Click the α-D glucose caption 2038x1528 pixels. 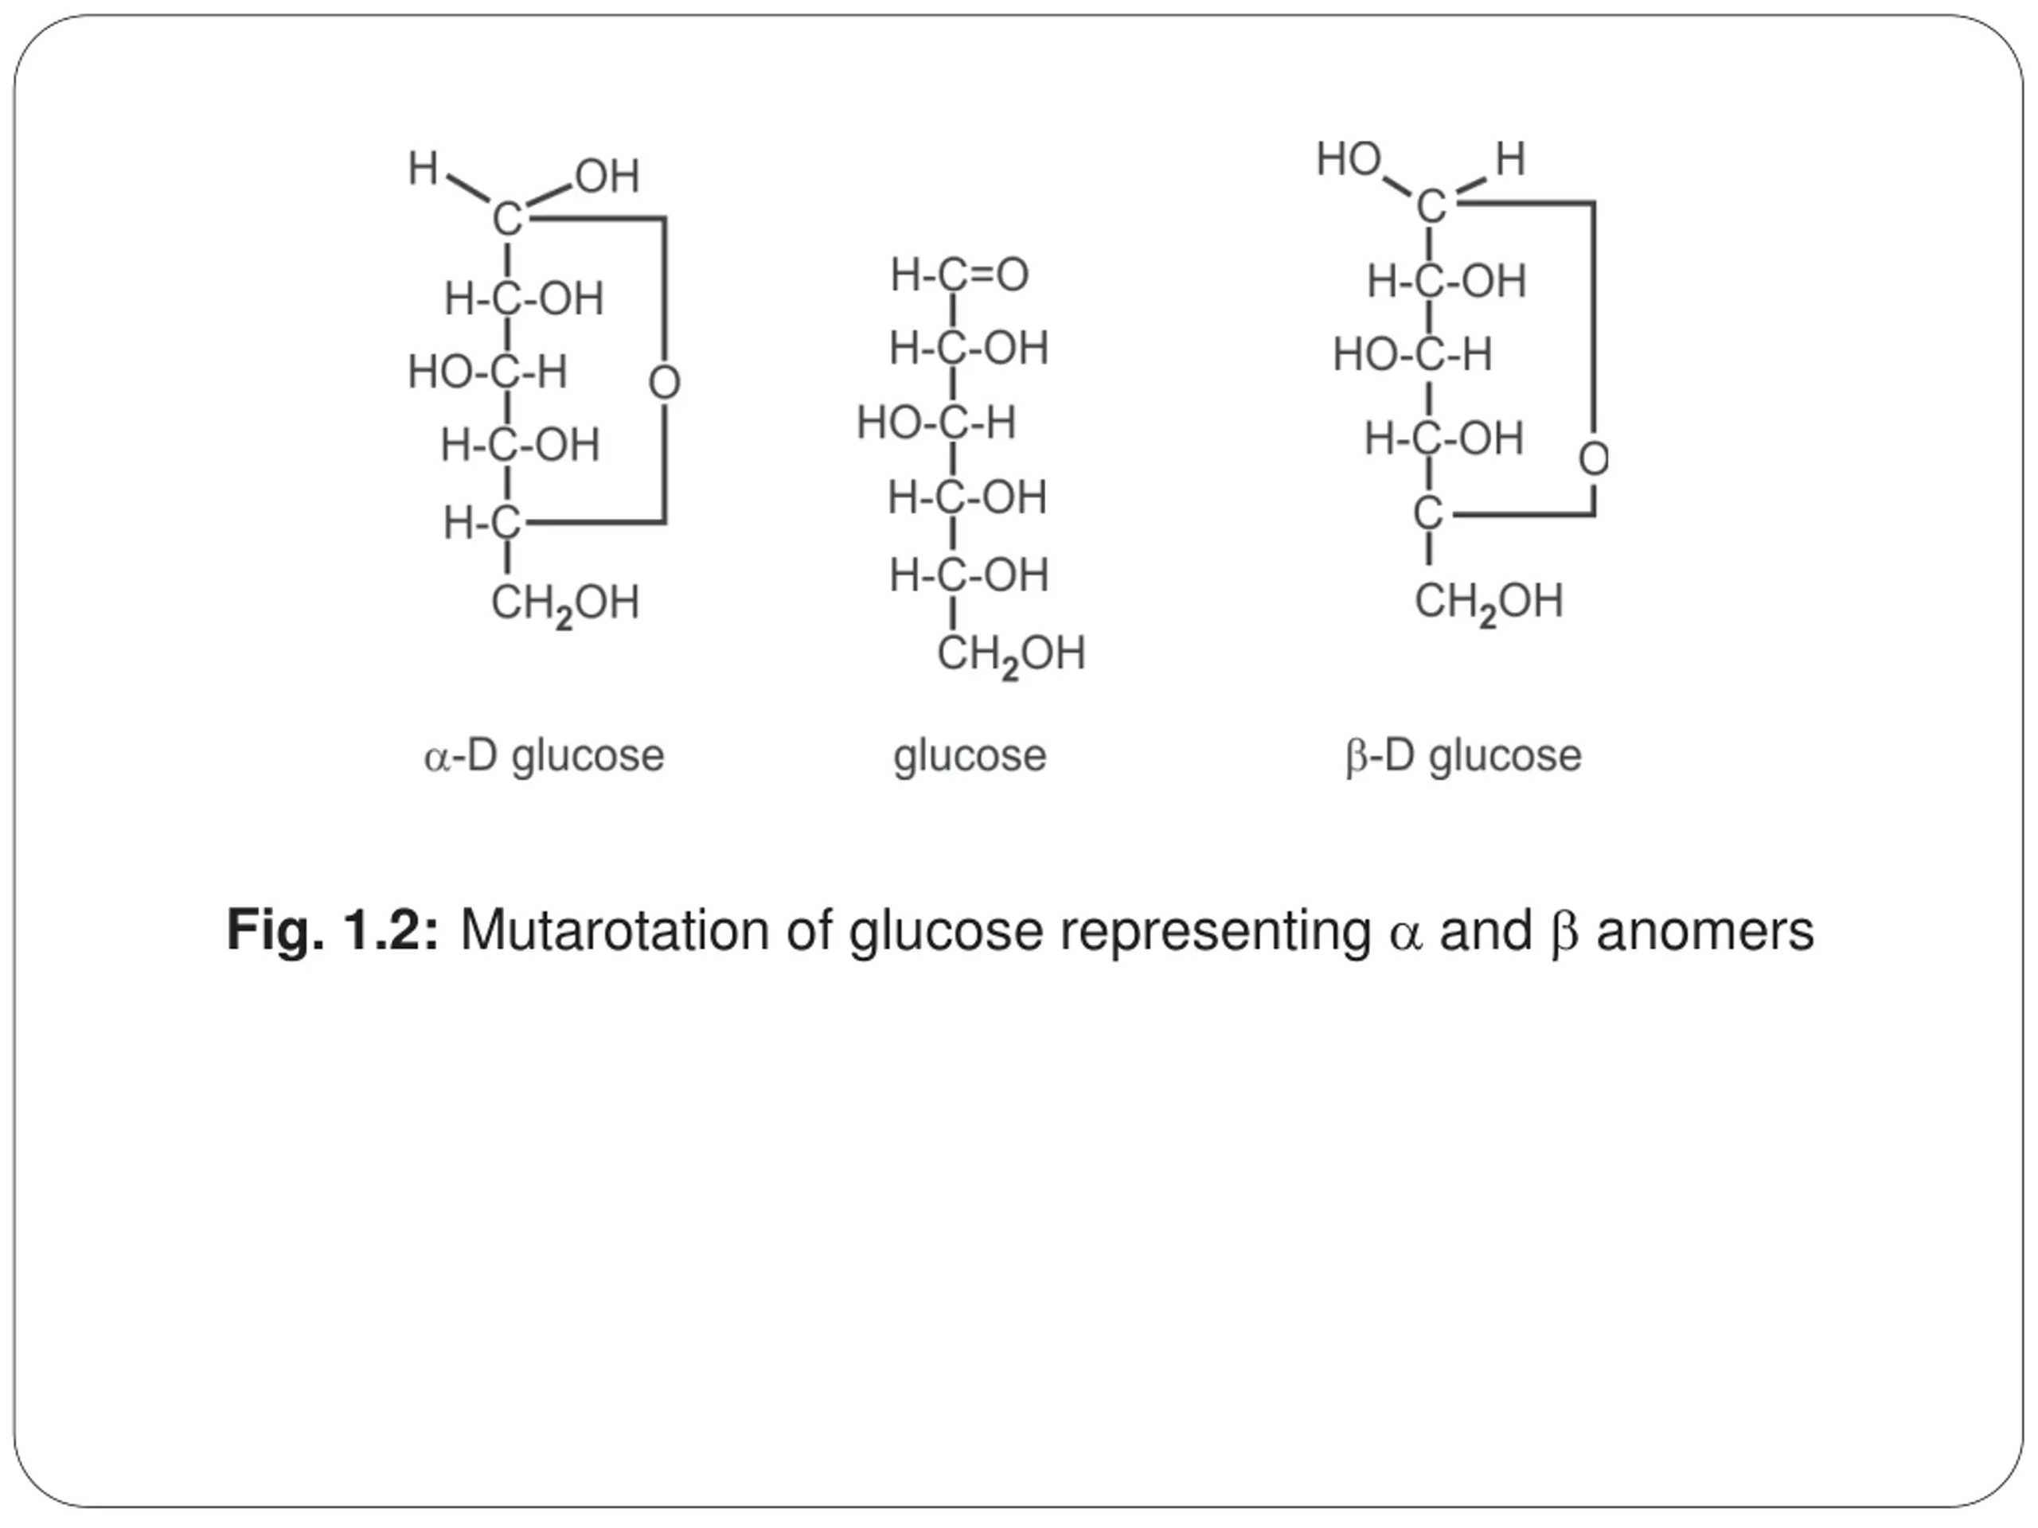click(544, 756)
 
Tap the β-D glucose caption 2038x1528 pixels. click(1463, 756)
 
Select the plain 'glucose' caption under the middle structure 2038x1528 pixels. click(970, 756)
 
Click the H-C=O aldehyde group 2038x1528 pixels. click(959, 275)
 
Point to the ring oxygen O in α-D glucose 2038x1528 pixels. click(664, 383)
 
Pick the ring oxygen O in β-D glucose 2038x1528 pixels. click(1594, 458)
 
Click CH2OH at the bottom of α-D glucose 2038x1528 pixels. click(564, 604)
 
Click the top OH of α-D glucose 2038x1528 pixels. click(607, 176)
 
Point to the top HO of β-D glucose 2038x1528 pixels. click(1349, 158)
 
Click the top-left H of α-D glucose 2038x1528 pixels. click(423, 169)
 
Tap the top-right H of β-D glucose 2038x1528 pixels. click(1511, 158)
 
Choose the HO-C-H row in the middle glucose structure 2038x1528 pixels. click(936, 423)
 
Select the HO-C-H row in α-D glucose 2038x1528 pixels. click(487, 372)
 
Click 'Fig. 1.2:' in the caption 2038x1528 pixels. click(333, 930)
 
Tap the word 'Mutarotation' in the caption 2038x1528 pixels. click(614, 930)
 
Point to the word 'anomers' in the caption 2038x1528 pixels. click(1704, 930)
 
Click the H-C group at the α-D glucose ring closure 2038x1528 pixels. click(482, 523)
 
